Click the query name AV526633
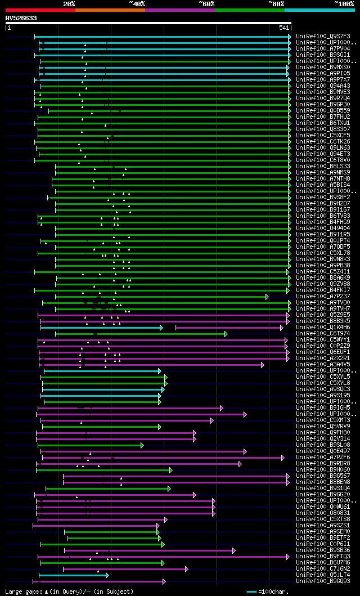pyautogui.click(x=21, y=18)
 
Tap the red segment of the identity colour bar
pyautogui.click(x=40, y=10)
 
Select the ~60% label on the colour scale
pyautogui.click(x=206, y=4)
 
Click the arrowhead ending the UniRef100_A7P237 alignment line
pyautogui.click(x=267, y=297)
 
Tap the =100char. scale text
pyautogui.click(x=272, y=591)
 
